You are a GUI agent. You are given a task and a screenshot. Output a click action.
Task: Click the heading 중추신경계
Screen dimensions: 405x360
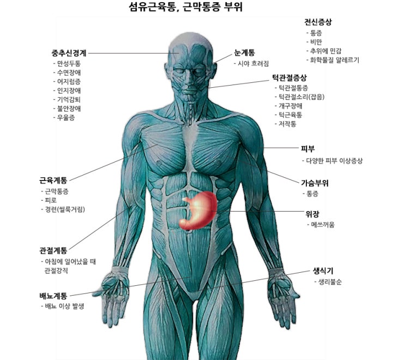69,53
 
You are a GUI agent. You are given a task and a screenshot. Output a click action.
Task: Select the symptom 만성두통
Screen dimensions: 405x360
69,63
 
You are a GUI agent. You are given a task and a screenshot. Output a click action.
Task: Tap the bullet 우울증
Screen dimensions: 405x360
66,118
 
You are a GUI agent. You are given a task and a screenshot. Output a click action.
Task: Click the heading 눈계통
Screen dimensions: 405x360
244,53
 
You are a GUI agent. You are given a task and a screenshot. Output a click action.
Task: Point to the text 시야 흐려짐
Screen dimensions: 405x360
253,63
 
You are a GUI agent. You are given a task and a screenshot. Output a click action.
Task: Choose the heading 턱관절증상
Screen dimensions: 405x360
289,77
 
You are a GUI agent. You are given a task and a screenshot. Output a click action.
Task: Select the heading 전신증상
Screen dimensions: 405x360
318,22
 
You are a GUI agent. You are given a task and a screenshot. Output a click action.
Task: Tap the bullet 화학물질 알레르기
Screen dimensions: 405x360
335,60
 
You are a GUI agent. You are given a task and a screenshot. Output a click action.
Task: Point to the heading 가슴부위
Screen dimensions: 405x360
315,183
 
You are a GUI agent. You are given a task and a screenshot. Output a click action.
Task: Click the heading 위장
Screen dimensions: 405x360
312,214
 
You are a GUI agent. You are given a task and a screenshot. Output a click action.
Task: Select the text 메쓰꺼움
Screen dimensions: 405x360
323,225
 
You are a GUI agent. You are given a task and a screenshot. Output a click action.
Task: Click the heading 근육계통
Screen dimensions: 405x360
53,180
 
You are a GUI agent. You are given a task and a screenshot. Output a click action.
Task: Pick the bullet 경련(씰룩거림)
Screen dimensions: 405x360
65,209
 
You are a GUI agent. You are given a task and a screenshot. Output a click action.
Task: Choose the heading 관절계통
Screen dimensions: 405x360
53,250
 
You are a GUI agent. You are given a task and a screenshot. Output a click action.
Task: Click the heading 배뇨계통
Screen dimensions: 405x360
53,296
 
